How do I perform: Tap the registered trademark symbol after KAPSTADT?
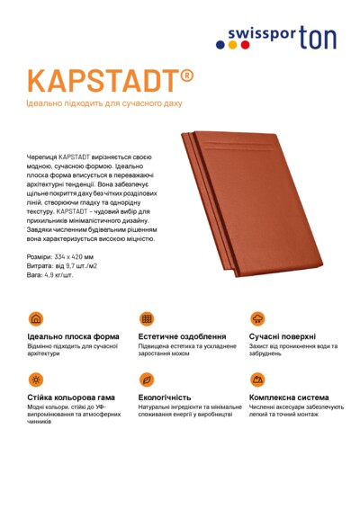[187, 73]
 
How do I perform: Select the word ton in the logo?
[317, 36]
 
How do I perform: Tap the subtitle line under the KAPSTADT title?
[104, 104]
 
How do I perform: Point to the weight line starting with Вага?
[51, 275]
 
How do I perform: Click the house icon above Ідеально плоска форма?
[36, 319]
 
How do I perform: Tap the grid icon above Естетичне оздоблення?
[146, 319]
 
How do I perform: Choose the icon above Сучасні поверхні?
[257, 319]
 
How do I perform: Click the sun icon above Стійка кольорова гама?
[36, 380]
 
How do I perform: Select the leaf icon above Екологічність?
[146, 380]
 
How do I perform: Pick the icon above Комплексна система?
[257, 380]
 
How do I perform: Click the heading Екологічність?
[165, 397]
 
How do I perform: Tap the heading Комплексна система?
[289, 397]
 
